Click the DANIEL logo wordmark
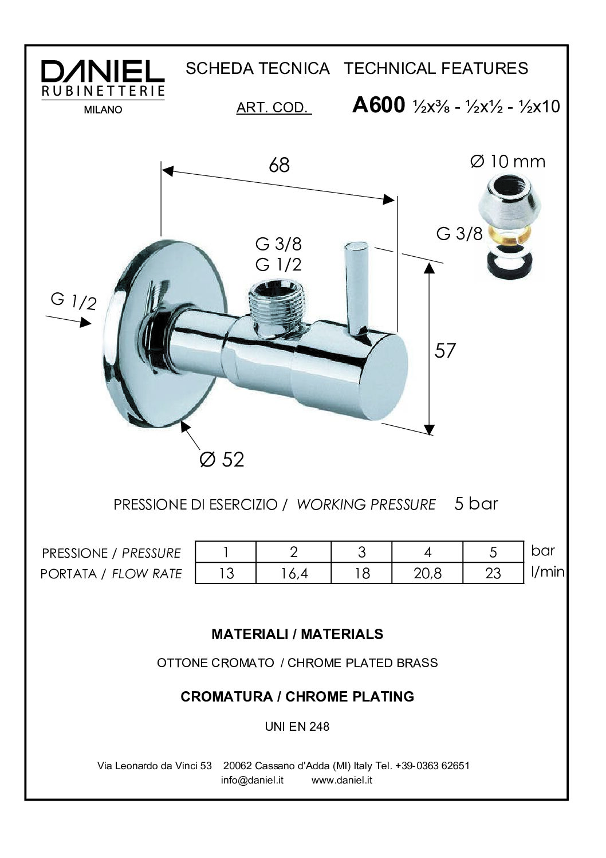pyautogui.click(x=103, y=71)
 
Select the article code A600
pyautogui.click(x=378, y=105)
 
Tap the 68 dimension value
pyautogui.click(x=279, y=165)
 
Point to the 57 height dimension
pyautogui.click(x=445, y=350)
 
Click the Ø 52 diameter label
pyautogui.click(x=222, y=459)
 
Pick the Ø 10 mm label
pyautogui.click(x=507, y=162)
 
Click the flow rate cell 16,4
pyautogui.click(x=294, y=573)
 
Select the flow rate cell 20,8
pyautogui.click(x=427, y=573)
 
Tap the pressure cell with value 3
pyautogui.click(x=361, y=552)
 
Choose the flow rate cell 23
pyautogui.click(x=493, y=573)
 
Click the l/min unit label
pyautogui.click(x=548, y=571)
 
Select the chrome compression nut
pyautogui.click(x=509, y=199)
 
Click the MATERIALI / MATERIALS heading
pyautogui.click(x=297, y=634)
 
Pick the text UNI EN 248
pyautogui.click(x=297, y=726)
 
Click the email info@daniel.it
pyautogui.click(x=252, y=779)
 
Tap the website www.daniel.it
pyautogui.click(x=342, y=779)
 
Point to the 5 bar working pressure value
pyautogui.click(x=476, y=504)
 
